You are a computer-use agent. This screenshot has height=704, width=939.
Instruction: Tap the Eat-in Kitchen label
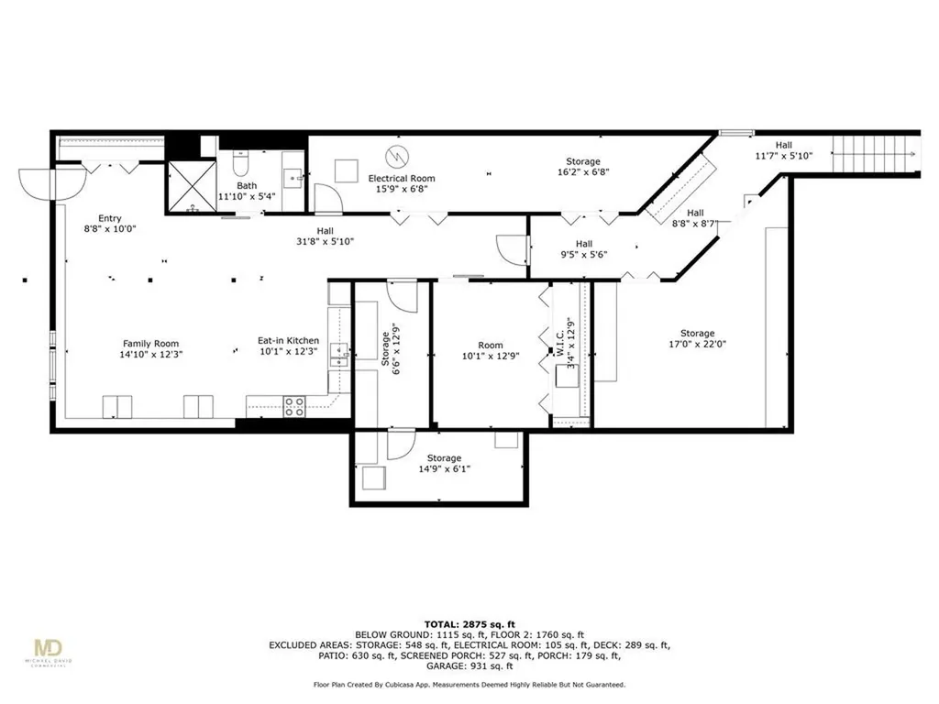coord(288,341)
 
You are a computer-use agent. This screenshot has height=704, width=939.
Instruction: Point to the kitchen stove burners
coord(294,406)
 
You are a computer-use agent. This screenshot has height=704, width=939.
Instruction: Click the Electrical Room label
coord(402,179)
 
